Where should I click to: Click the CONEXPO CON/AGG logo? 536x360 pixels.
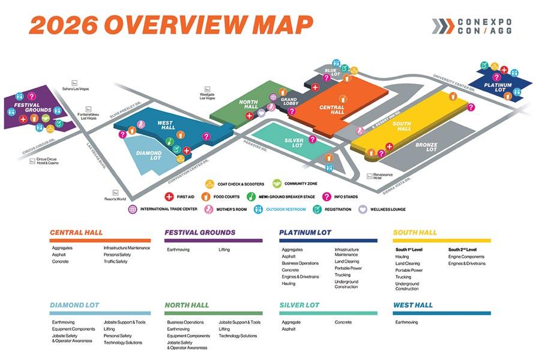click(471, 26)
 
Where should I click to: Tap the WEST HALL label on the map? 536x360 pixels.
click(165, 125)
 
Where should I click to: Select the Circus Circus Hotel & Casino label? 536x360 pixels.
click(47, 161)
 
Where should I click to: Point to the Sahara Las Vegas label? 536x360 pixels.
click(76, 88)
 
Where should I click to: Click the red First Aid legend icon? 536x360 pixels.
click(169, 196)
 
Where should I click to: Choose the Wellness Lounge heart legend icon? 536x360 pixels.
click(363, 209)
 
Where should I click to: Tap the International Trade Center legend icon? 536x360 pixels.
click(133, 209)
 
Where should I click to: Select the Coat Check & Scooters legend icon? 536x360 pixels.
click(209, 184)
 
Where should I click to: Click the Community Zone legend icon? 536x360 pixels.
click(277, 184)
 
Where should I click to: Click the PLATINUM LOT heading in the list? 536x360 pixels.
click(305, 233)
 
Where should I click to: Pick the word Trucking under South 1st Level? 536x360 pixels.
click(403, 277)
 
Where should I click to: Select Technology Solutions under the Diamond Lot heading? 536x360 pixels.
click(122, 342)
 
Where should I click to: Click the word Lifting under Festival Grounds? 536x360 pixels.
click(224, 249)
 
